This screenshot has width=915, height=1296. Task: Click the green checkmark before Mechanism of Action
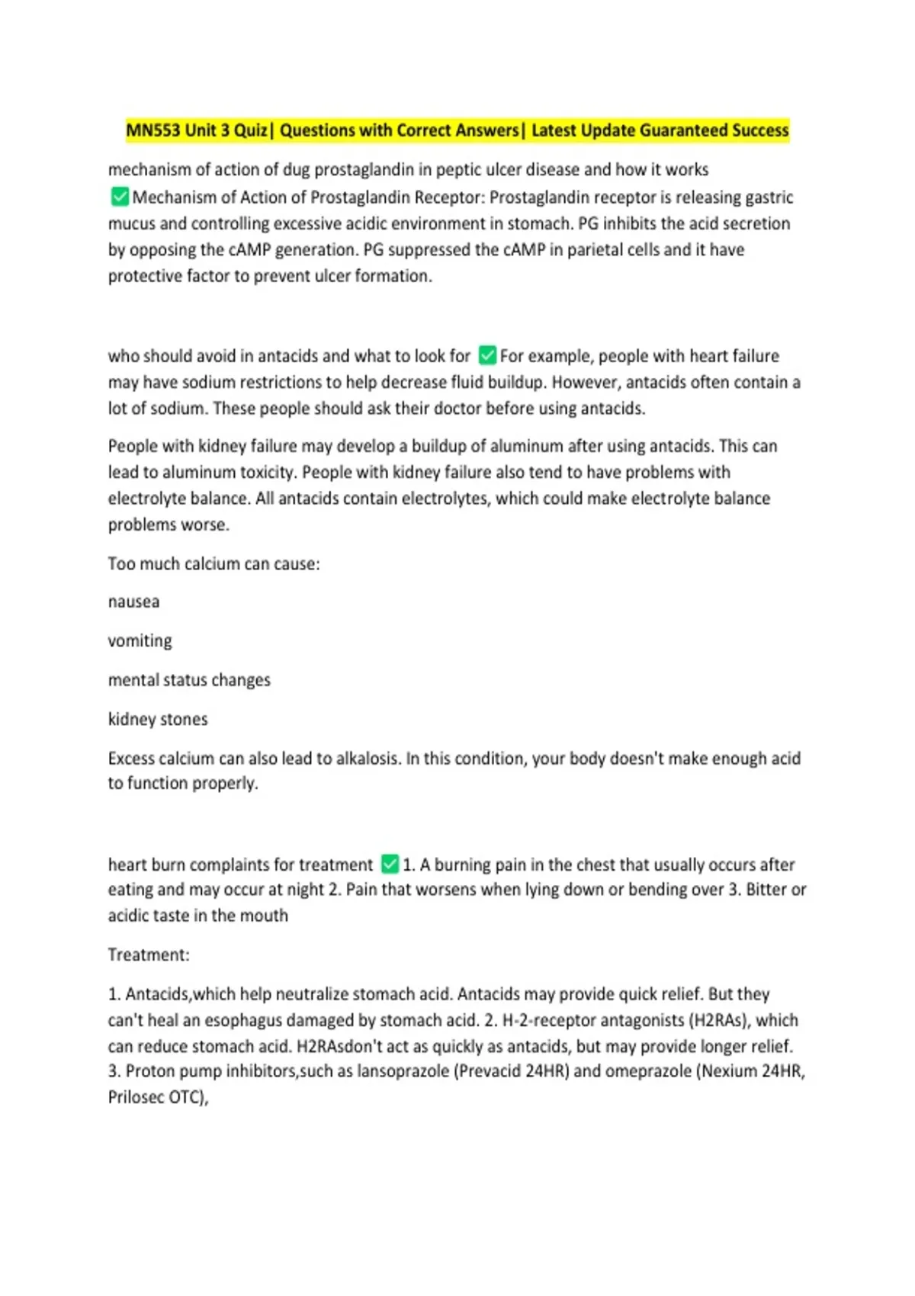pyautogui.click(x=120, y=197)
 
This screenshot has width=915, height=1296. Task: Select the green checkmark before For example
pyautogui.click(x=487, y=356)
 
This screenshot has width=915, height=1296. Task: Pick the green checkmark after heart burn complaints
pyautogui.click(x=390, y=865)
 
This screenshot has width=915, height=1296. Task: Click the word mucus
pyautogui.click(x=132, y=224)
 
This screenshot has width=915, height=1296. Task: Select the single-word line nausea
pyautogui.click(x=134, y=602)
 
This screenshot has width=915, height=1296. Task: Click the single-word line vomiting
pyautogui.click(x=140, y=641)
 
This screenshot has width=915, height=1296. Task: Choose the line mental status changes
pyautogui.click(x=189, y=680)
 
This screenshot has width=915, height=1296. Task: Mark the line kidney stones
pyautogui.click(x=158, y=720)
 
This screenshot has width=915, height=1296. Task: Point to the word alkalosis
pyautogui.click(x=359, y=759)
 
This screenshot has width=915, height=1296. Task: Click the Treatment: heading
pyautogui.click(x=149, y=955)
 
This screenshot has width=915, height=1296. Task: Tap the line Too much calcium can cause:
pyautogui.click(x=214, y=564)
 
